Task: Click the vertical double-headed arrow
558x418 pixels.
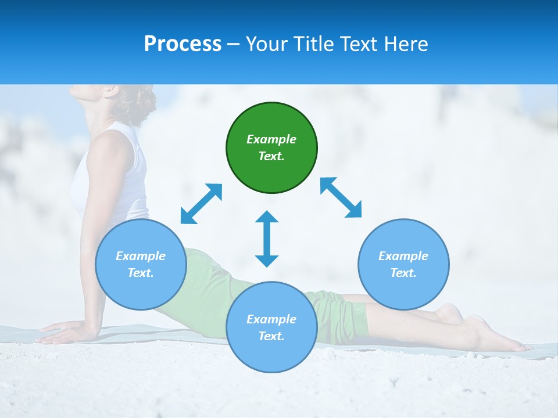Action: point(267,239)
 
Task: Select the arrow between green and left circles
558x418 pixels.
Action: point(201,204)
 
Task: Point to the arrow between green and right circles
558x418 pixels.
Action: point(341,197)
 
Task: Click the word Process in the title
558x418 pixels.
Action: point(183,44)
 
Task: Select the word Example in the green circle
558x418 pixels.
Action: point(271,139)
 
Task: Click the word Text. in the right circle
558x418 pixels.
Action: point(403,273)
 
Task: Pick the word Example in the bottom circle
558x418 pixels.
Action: point(271,319)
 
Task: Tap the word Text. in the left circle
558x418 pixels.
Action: point(141,273)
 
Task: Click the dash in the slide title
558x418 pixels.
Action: point(233,44)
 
